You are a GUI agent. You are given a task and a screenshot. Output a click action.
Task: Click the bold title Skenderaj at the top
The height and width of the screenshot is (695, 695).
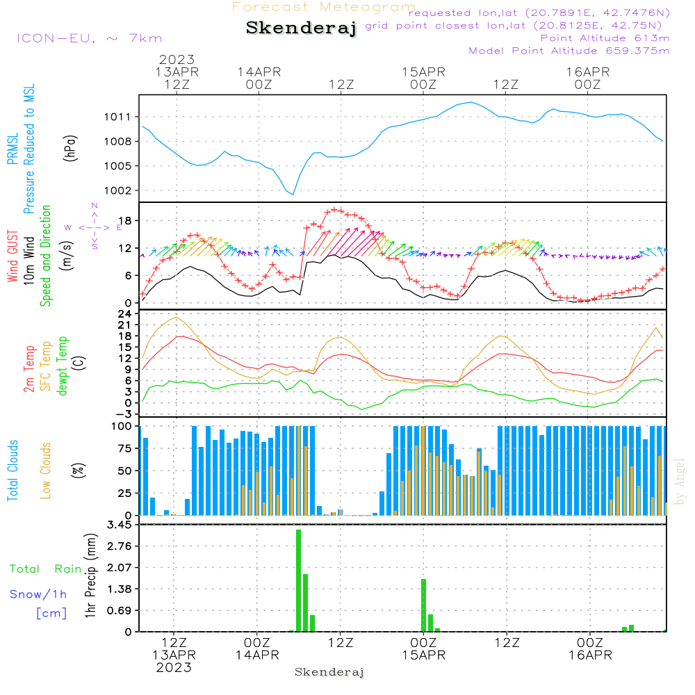coord(302,28)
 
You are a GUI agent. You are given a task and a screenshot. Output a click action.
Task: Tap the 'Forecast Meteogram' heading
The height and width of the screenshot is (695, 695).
coord(324,7)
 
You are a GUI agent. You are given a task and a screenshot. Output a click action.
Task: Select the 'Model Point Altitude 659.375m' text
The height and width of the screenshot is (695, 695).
coord(569,50)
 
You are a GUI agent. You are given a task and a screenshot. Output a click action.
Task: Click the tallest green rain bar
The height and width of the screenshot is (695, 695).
coord(298,580)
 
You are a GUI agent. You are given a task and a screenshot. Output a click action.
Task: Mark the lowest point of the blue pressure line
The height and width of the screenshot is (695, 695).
coord(293,194)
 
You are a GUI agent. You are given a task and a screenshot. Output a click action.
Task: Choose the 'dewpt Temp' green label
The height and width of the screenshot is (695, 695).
coord(63,366)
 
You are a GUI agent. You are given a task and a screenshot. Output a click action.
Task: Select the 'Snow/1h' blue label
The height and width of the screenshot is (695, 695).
coord(39,594)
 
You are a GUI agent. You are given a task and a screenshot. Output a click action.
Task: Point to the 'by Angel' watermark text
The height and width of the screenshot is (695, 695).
coord(680,481)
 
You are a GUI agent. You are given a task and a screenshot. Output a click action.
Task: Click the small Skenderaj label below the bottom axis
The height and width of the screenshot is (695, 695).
coord(329,672)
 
